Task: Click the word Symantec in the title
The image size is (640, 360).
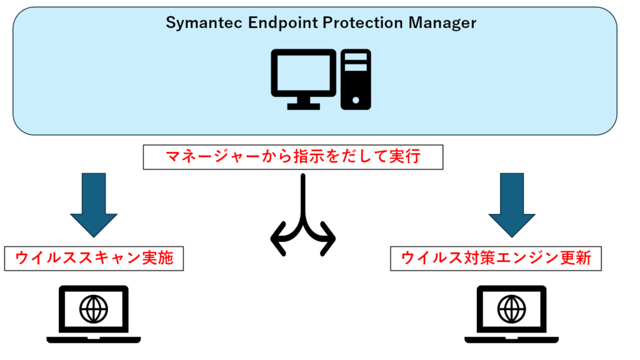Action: click(x=198, y=24)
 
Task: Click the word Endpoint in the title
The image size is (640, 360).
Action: click(x=274, y=24)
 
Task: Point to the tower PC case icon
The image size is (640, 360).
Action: click(x=355, y=79)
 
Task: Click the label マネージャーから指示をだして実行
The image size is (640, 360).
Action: click(x=293, y=157)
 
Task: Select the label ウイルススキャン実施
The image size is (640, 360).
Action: click(x=94, y=258)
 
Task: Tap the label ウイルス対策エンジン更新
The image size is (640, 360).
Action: click(x=496, y=258)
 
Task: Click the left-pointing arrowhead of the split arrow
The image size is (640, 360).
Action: click(x=276, y=238)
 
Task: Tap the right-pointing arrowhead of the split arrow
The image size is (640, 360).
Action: click(x=330, y=238)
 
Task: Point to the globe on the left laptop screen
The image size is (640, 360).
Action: click(x=94, y=308)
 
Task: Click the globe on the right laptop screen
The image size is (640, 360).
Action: click(x=512, y=308)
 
